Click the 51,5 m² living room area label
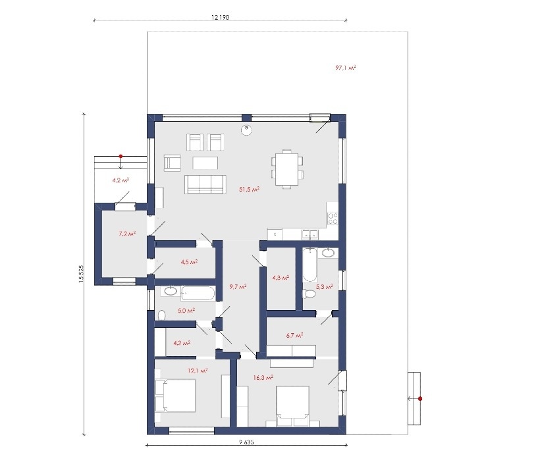coord(250,189)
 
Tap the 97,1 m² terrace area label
coord(346,68)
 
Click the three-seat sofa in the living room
coord(205,184)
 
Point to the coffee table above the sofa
coord(205,163)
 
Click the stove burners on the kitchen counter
coord(333,219)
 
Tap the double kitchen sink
coord(309,234)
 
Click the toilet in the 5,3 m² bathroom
coord(309,294)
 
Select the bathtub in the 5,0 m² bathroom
coord(198,294)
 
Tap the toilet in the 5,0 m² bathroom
coord(162,315)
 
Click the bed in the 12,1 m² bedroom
coord(175,396)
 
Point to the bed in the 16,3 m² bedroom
coord(292,406)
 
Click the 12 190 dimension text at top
coord(220,17)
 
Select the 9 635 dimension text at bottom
coord(246,442)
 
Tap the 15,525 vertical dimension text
coord(81,274)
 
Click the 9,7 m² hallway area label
coord(238,287)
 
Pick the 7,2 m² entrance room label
coord(127,234)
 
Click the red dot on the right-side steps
coord(420,398)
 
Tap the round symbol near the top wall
coord(246,130)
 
